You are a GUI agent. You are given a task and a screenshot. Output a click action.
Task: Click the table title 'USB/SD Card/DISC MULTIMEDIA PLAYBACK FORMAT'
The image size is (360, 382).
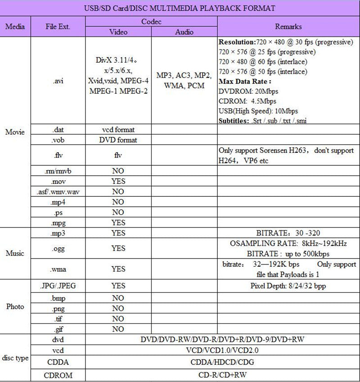click(180, 8)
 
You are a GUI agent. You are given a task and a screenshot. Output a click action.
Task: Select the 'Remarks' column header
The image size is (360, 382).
click(288, 27)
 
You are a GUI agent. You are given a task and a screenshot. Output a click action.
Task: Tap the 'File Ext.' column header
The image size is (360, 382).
click(58, 27)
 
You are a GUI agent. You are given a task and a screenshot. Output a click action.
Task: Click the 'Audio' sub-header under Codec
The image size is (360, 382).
click(184, 32)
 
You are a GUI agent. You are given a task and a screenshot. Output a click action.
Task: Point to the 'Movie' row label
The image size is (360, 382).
click(15, 132)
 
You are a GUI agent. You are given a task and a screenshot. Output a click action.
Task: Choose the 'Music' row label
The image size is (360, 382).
click(15, 253)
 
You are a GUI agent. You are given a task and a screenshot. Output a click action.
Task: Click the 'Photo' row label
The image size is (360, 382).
click(15, 307)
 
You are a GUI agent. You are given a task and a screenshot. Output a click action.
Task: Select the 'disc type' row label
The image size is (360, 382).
click(15, 359)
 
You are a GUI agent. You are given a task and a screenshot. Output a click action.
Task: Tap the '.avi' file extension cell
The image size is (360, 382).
click(58, 82)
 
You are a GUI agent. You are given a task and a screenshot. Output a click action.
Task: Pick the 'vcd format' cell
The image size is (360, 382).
click(118, 130)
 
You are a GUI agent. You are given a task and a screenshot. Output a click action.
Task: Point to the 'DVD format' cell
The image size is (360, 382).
click(118, 140)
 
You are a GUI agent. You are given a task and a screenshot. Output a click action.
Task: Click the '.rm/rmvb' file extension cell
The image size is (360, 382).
click(58, 171)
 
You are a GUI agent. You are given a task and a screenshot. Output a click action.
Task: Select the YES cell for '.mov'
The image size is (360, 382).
click(118, 182)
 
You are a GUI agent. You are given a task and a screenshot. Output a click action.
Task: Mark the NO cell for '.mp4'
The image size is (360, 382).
click(118, 202)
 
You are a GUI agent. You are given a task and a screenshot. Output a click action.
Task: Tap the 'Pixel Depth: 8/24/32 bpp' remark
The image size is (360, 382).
click(288, 286)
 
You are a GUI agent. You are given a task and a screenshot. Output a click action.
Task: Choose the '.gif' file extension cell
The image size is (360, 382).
click(58, 329)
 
